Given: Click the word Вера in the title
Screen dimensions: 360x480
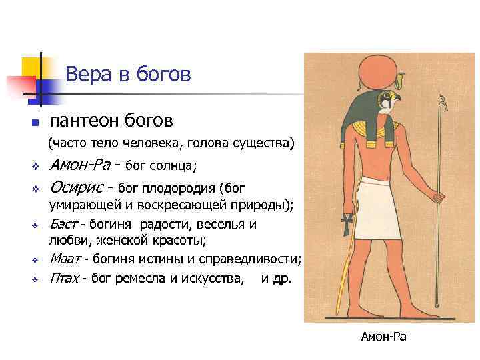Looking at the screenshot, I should [85, 74].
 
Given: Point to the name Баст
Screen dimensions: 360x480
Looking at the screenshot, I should [64, 224].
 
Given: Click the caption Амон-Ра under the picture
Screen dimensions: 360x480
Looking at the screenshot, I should [383, 337].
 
